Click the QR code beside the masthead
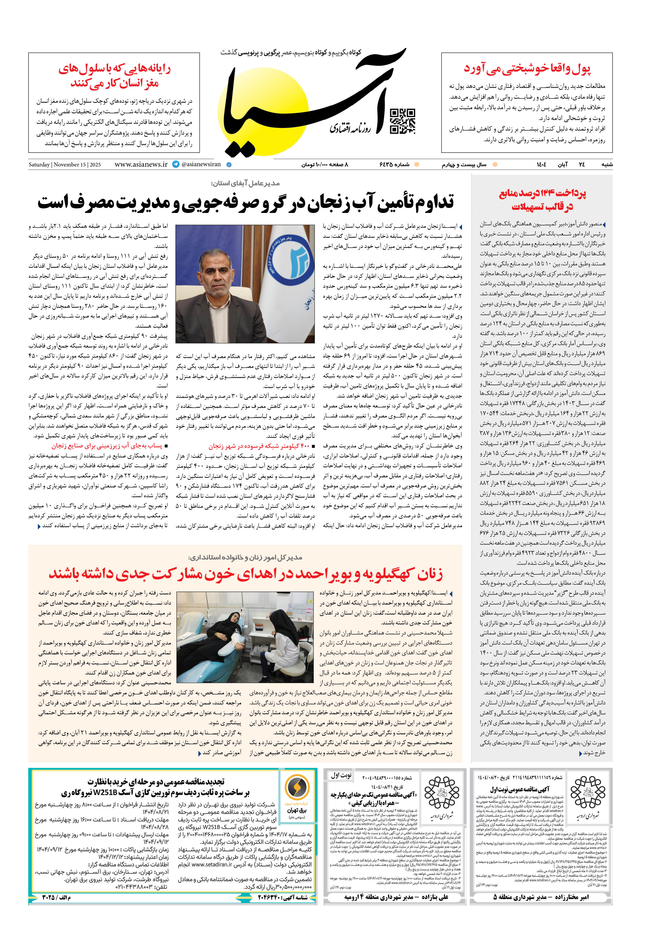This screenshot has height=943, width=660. pyautogui.click(x=402, y=121)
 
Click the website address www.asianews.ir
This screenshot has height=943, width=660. pyautogui.click(x=141, y=164)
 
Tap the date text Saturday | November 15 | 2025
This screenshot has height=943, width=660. pyautogui.click(x=64, y=165)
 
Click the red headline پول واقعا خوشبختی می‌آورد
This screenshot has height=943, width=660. pyautogui.click(x=527, y=69)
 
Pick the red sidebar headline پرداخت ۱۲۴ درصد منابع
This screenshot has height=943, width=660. pyautogui.click(x=542, y=200)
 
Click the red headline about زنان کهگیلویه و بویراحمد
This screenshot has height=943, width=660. pyautogui.click(x=246, y=574)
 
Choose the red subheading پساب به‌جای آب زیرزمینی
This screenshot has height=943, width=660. pyautogui.click(x=107, y=446)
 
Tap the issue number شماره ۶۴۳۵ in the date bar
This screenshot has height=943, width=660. pyautogui.click(x=394, y=165)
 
